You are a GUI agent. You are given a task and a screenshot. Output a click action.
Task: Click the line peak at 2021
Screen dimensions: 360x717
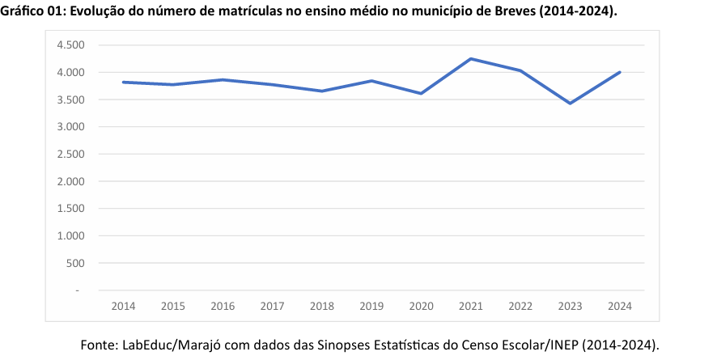point(471,59)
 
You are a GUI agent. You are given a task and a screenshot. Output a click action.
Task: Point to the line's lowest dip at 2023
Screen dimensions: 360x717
point(571,103)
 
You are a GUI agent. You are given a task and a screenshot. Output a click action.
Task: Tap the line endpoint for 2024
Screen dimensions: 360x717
point(620,72)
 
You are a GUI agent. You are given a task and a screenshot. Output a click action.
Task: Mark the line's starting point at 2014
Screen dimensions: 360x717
point(123,82)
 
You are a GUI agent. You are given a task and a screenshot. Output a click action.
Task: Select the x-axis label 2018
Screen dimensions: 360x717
point(322,306)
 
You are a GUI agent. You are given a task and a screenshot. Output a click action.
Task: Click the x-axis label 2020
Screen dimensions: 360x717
point(422,306)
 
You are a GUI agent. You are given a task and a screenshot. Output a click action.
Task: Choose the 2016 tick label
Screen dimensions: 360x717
point(223,306)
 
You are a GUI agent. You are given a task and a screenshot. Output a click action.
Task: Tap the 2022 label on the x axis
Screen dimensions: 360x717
point(521,306)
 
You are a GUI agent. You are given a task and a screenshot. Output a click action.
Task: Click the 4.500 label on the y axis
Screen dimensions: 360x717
point(71,45)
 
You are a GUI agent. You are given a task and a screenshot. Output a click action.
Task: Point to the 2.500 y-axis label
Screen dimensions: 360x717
point(71,155)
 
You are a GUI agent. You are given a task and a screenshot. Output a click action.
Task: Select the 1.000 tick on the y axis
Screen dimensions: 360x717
point(71,236)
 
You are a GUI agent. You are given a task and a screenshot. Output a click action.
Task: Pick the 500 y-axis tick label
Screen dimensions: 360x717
point(75,263)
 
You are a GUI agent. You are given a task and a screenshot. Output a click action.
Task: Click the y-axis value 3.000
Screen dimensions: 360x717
point(71,127)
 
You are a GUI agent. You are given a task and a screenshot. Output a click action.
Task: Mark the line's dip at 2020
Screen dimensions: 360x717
point(422,93)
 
